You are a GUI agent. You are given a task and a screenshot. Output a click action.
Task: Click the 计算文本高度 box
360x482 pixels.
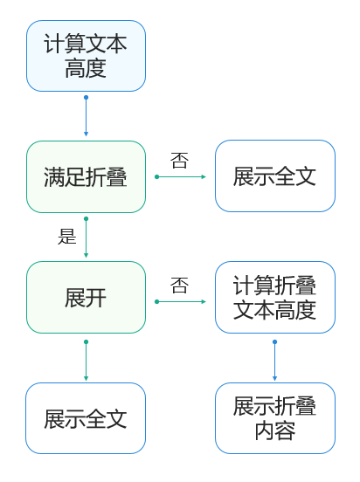(86, 56)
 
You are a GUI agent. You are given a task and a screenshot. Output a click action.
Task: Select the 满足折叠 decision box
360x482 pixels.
(86, 177)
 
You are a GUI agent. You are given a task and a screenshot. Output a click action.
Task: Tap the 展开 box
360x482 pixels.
(86, 298)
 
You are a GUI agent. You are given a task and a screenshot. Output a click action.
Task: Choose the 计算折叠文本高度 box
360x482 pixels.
(274, 298)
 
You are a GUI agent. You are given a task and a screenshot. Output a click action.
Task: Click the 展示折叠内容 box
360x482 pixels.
(274, 418)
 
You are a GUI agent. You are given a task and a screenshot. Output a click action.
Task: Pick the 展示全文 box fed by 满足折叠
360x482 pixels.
(274, 176)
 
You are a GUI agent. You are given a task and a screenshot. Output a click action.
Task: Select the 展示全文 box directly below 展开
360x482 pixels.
(86, 418)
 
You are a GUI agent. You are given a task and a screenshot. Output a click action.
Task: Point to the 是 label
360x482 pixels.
(67, 236)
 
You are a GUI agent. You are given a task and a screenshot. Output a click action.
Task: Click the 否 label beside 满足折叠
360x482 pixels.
(179, 161)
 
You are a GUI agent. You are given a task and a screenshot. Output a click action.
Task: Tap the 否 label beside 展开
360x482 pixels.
(179, 286)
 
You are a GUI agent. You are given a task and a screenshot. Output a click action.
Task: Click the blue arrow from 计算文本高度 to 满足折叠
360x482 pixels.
(86, 116)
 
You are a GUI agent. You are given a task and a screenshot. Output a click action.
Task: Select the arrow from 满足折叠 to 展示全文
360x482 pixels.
(182, 176)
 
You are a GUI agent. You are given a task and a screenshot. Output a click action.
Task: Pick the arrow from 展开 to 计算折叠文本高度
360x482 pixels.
(182, 301)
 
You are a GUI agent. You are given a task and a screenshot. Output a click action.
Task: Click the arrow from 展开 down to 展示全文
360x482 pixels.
(86, 360)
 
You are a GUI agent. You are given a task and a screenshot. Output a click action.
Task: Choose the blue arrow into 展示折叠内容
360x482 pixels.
(274, 361)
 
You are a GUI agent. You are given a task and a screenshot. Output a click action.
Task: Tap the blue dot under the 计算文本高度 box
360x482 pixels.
(86, 97)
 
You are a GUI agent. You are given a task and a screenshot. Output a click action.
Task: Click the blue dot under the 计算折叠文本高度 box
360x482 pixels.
(274, 341)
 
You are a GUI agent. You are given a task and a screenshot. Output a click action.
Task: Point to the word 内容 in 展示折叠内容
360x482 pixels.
(274, 430)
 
